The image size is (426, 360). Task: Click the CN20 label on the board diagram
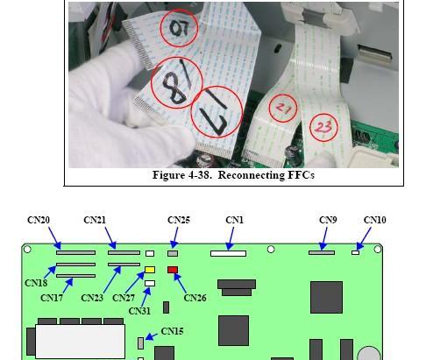(39, 220)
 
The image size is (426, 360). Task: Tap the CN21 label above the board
(95, 220)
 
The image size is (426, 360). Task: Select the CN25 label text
(179, 220)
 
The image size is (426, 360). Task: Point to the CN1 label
(234, 220)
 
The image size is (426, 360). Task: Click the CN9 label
(328, 220)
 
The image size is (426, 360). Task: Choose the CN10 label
(374, 220)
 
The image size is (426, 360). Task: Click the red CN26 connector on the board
(173, 270)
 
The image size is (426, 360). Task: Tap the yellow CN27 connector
(150, 270)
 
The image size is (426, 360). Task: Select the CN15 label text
(172, 331)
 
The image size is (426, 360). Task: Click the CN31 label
(139, 311)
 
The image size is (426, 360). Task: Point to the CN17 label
(52, 298)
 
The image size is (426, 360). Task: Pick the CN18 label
(36, 283)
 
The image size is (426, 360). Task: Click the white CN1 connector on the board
(228, 253)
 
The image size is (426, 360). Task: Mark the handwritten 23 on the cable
(323, 127)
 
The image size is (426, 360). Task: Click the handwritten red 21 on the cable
(283, 109)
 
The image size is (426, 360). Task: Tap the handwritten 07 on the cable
(180, 28)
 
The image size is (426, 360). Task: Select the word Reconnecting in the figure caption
(251, 175)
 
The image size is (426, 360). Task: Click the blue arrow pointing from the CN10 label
(364, 239)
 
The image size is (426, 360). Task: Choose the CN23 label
(92, 298)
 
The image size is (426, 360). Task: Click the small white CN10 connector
(355, 252)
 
